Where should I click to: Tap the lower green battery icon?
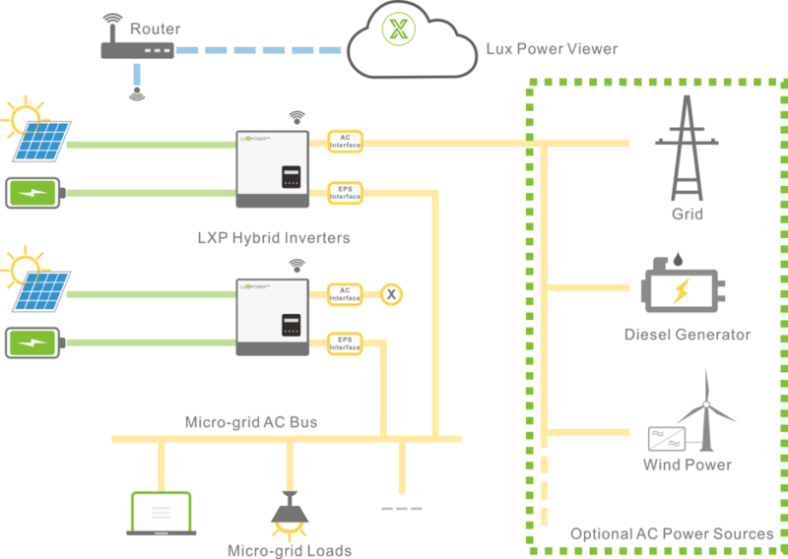(x=35, y=342)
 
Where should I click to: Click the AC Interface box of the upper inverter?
(x=345, y=143)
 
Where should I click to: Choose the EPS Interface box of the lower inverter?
(x=345, y=342)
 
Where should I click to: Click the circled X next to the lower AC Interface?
(x=391, y=293)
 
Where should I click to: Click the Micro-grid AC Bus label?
(x=251, y=422)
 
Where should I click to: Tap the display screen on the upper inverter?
(x=292, y=177)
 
